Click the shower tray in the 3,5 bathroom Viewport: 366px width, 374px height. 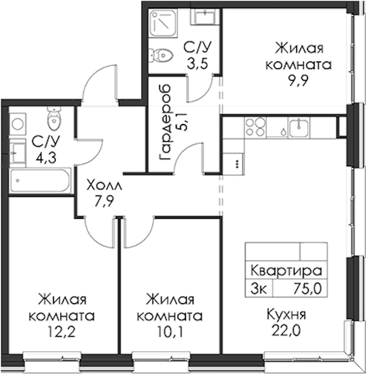click(163, 23)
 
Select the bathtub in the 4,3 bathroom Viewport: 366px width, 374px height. click(40, 180)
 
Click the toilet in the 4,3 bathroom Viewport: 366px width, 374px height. click(54, 117)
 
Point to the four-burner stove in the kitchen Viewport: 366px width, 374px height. click(256, 127)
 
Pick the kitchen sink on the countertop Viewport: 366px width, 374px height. click(299, 127)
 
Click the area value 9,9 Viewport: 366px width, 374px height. click(298, 81)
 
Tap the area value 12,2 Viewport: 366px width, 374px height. click(62, 332)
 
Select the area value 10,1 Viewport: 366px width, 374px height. click(170, 332)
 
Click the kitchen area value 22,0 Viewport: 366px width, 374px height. click(285, 331)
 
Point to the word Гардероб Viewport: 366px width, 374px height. click(165, 122)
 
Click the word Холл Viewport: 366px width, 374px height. click(104, 185)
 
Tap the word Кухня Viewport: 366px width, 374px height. click(286, 315)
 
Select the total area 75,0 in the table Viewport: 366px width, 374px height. click(307, 288)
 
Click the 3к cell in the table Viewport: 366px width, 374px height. click(259, 288)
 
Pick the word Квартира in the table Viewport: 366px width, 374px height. click(286, 271)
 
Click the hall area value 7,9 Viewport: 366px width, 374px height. click(104, 202)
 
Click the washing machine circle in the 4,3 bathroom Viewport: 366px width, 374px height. click(18, 124)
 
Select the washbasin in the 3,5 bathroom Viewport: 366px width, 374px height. click(203, 16)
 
